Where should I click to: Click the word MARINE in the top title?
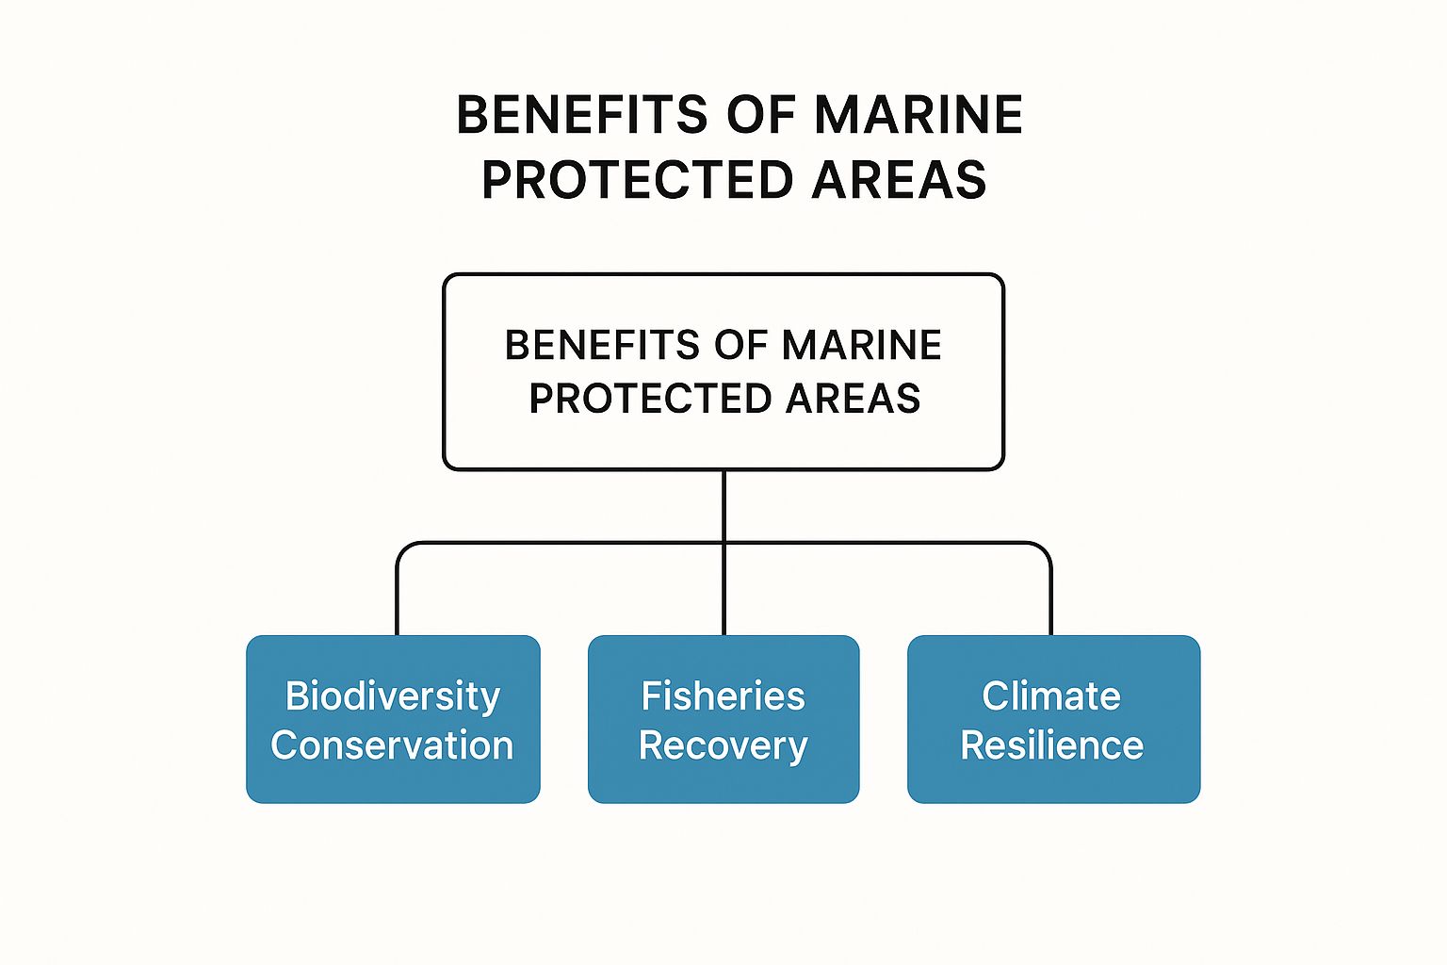tap(918, 115)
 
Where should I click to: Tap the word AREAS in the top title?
tap(900, 179)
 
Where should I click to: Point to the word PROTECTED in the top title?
tap(638, 179)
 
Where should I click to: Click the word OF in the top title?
tap(760, 115)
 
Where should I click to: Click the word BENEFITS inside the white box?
tap(602, 345)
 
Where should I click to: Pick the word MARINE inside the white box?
tap(862, 345)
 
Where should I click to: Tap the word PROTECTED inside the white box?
tap(649, 398)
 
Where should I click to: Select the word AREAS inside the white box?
tap(853, 398)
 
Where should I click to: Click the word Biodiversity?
tap(393, 697)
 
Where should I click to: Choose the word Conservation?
tap(392, 745)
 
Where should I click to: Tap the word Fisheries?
tap(723, 696)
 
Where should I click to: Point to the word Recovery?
tap(723, 746)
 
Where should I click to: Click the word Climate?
tap(1051, 696)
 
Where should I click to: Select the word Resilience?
tap(1052, 745)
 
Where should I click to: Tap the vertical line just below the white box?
tap(724, 506)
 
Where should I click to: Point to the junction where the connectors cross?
tap(724, 543)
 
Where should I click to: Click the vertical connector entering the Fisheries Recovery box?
tap(724, 590)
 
